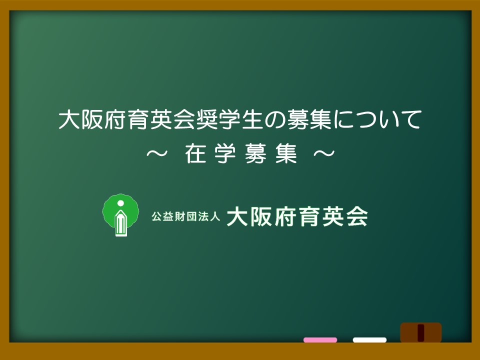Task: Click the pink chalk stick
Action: tap(320, 340)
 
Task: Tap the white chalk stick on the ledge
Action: tap(369, 340)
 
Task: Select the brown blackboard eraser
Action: tap(421, 332)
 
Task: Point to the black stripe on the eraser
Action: tap(421, 333)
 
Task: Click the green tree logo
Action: tap(120, 215)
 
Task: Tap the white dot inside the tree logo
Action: tap(120, 203)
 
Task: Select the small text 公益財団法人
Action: tap(186, 216)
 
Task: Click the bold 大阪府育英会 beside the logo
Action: tap(297, 216)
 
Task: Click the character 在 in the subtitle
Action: tap(195, 153)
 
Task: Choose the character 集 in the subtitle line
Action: tap(286, 153)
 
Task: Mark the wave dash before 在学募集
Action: tap(157, 153)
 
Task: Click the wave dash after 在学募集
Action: tap(324, 153)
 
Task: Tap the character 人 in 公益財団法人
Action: tap(215, 216)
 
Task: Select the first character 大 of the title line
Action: tap(67, 119)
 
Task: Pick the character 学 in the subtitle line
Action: tap(225, 153)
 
